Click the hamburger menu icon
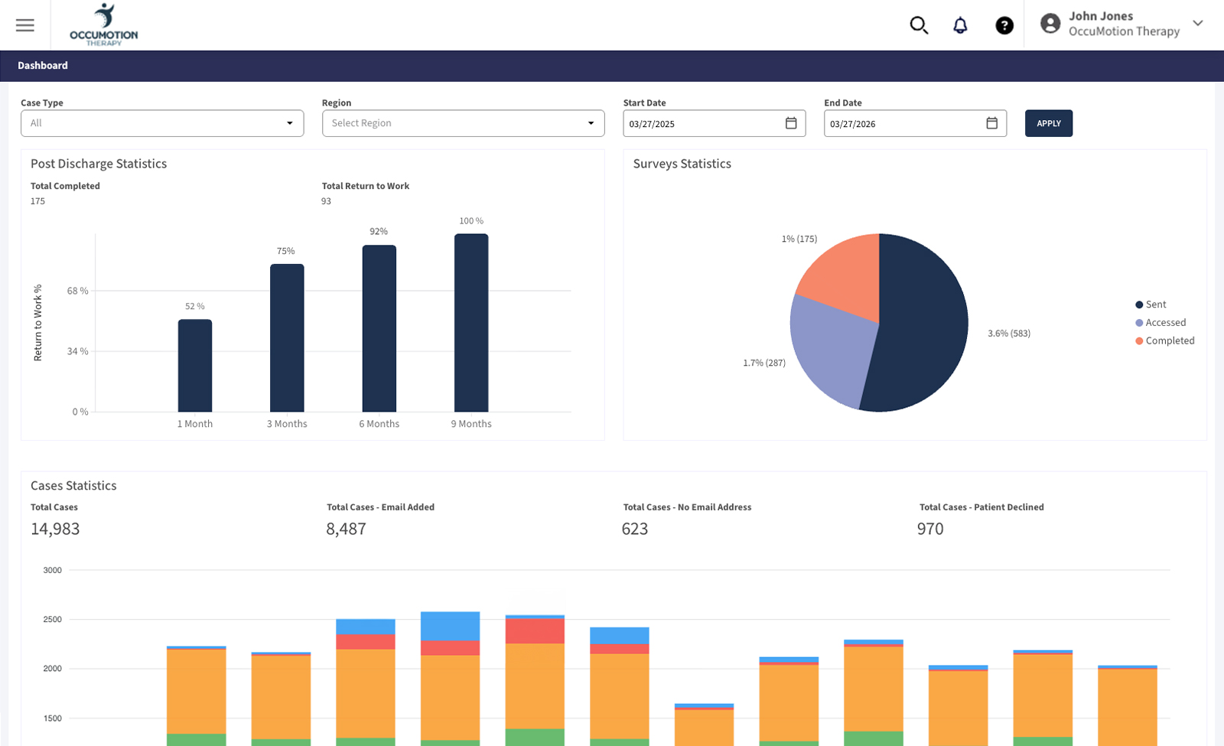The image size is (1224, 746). click(25, 25)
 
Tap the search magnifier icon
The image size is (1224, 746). click(919, 25)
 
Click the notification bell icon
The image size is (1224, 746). click(960, 25)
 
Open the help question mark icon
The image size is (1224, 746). click(1004, 25)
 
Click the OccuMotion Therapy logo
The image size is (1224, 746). click(104, 25)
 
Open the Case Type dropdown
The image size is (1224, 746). click(162, 123)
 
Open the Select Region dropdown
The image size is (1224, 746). click(463, 123)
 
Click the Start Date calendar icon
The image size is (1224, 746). click(791, 123)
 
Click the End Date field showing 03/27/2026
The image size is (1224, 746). click(903, 123)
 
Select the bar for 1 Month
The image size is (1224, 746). click(195, 366)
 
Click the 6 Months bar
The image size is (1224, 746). click(379, 329)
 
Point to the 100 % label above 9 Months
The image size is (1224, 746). click(471, 221)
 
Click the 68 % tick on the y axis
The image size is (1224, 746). click(78, 291)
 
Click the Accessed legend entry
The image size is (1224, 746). click(1164, 323)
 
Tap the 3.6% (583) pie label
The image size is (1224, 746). click(1009, 334)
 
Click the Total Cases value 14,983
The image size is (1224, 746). click(55, 529)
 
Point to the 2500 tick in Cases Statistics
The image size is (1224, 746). click(53, 620)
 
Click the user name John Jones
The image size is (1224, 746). click(1100, 16)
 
